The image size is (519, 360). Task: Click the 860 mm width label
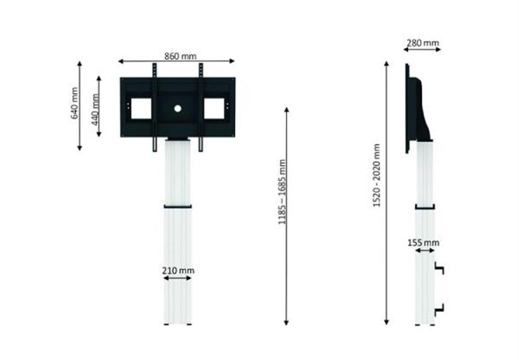point(180,56)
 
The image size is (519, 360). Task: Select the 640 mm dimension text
point(75,103)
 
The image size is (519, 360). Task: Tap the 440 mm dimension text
point(95,108)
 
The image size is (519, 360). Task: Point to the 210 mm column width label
point(178,271)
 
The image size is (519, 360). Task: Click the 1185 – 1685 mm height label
point(282,192)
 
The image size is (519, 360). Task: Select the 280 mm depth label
point(422,43)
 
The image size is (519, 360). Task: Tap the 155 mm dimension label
point(423,243)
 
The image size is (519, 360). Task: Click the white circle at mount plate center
point(178,109)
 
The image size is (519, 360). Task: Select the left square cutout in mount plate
point(141,109)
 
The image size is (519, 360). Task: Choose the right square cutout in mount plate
point(214,109)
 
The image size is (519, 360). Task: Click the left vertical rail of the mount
point(154,108)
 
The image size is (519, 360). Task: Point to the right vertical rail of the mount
point(201,108)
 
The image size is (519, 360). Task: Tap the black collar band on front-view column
point(178,207)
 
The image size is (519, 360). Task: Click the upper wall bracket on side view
point(439,269)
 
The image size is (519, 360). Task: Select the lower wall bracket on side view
point(439,308)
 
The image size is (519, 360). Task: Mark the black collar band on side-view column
point(424,207)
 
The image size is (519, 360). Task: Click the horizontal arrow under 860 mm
point(176,61)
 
